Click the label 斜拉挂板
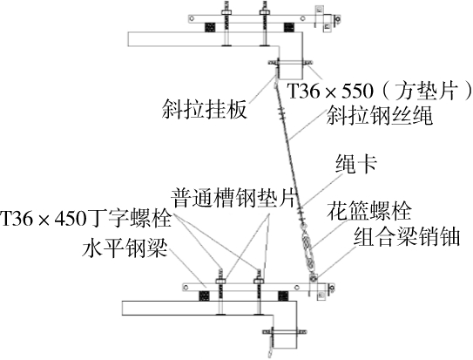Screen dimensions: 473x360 [205, 110]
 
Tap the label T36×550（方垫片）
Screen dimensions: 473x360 [380, 91]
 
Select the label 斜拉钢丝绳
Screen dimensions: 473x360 [380, 115]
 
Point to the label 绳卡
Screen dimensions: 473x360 [356, 165]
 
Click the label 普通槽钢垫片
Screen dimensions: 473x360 [234, 198]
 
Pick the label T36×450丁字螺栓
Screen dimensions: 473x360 [86, 219]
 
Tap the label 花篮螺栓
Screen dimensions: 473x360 [369, 211]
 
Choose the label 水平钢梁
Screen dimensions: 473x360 [125, 248]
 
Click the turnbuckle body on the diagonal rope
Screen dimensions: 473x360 [307, 248]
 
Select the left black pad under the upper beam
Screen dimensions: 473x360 [210, 28]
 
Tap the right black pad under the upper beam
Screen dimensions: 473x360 [288, 28]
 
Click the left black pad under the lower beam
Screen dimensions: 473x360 [204, 295]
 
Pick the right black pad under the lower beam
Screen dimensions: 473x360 [282, 295]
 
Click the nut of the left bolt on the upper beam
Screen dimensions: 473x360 [226, 12]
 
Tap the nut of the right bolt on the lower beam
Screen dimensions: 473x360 [259, 281]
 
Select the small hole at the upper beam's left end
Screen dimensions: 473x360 [192, 19]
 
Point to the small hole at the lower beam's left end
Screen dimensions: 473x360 [186, 288]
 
